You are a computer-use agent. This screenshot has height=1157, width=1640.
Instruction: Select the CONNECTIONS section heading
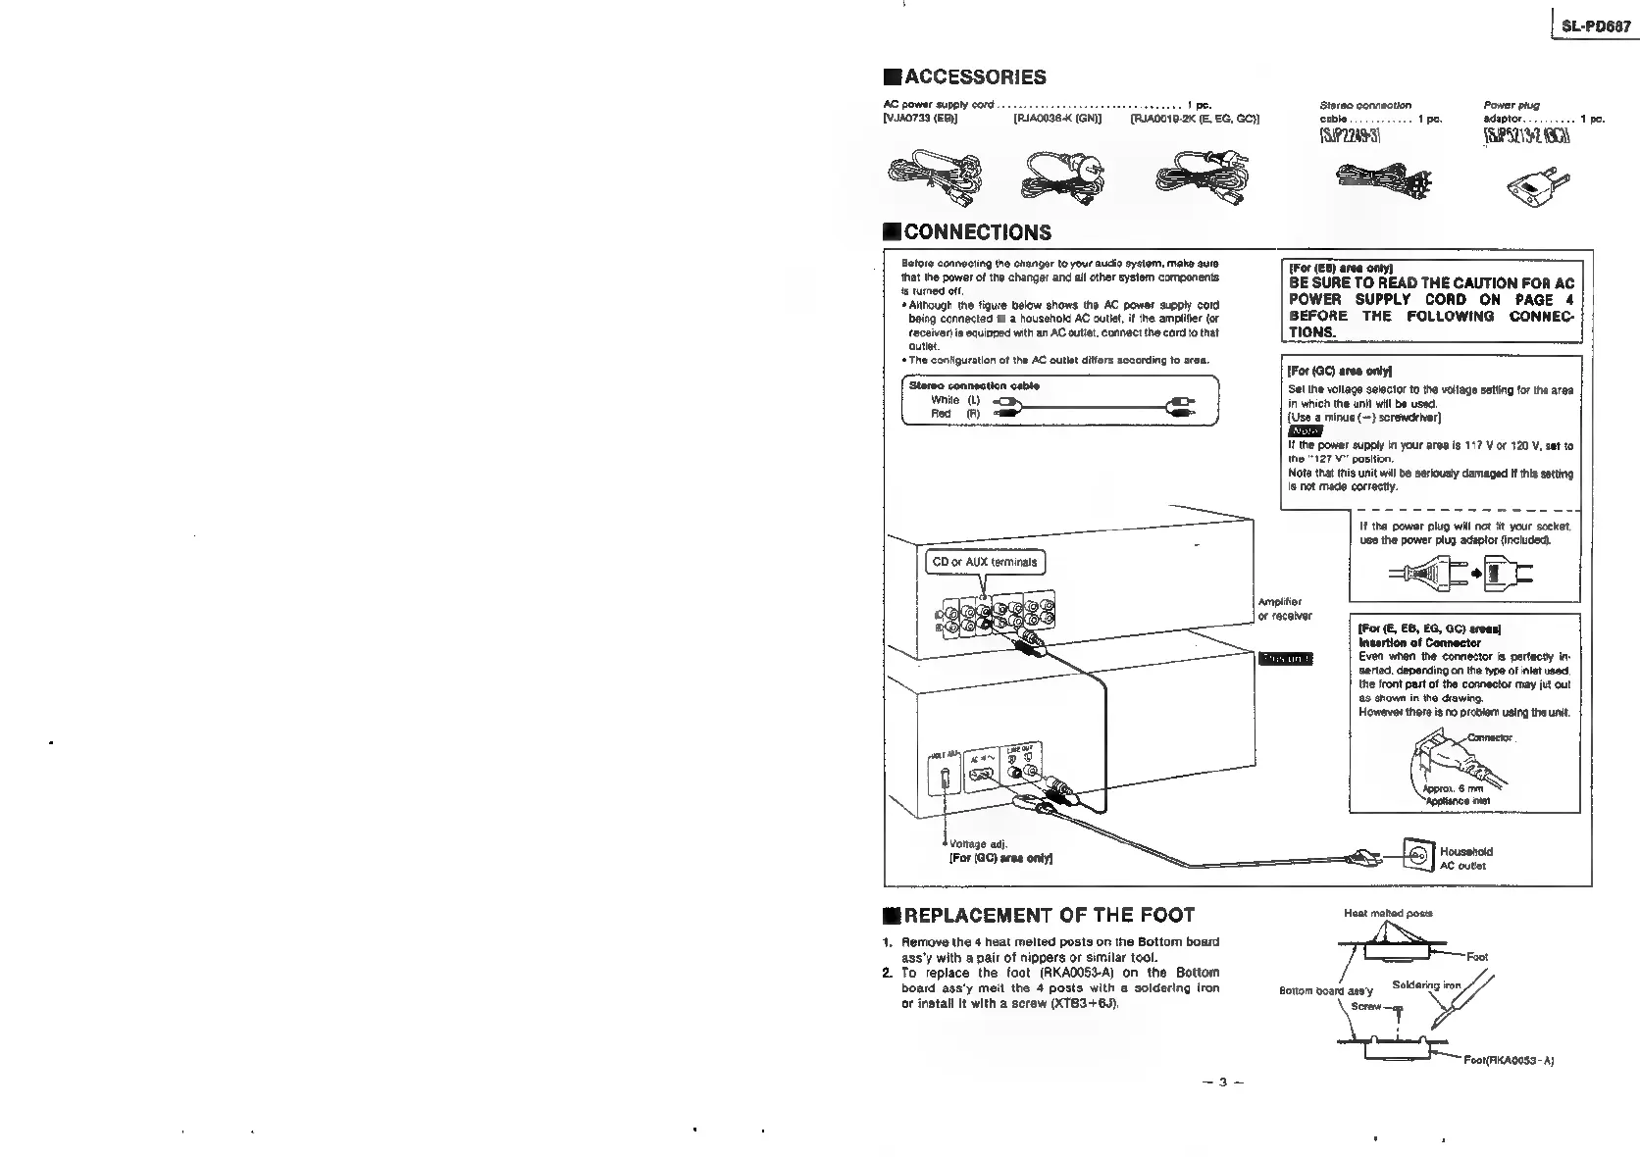(977, 232)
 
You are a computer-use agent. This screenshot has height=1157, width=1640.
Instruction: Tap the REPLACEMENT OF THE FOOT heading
(1049, 916)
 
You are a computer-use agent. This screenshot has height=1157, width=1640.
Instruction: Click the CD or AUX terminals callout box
(984, 562)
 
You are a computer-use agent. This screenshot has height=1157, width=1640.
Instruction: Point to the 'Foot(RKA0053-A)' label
(1509, 1060)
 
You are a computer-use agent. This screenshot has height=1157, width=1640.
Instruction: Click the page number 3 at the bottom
(1223, 1082)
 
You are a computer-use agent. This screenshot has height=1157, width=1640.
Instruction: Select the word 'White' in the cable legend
(945, 400)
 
